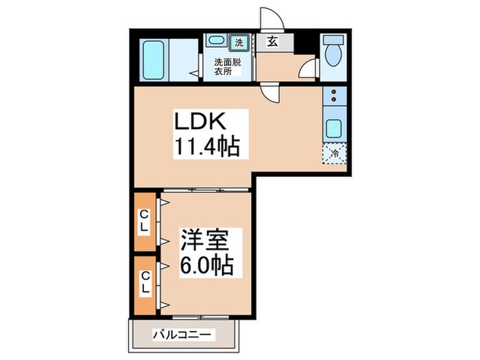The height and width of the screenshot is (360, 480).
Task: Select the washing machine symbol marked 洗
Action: click(239, 43)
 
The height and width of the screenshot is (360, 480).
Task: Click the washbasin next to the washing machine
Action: click(214, 43)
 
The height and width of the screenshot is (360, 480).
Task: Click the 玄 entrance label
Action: click(272, 42)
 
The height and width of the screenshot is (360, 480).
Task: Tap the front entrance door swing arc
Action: click(269, 19)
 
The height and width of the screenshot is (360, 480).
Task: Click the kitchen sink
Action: click(335, 128)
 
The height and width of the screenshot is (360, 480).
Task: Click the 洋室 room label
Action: click(206, 242)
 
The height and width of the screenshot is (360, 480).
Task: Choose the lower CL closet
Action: click(145, 283)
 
